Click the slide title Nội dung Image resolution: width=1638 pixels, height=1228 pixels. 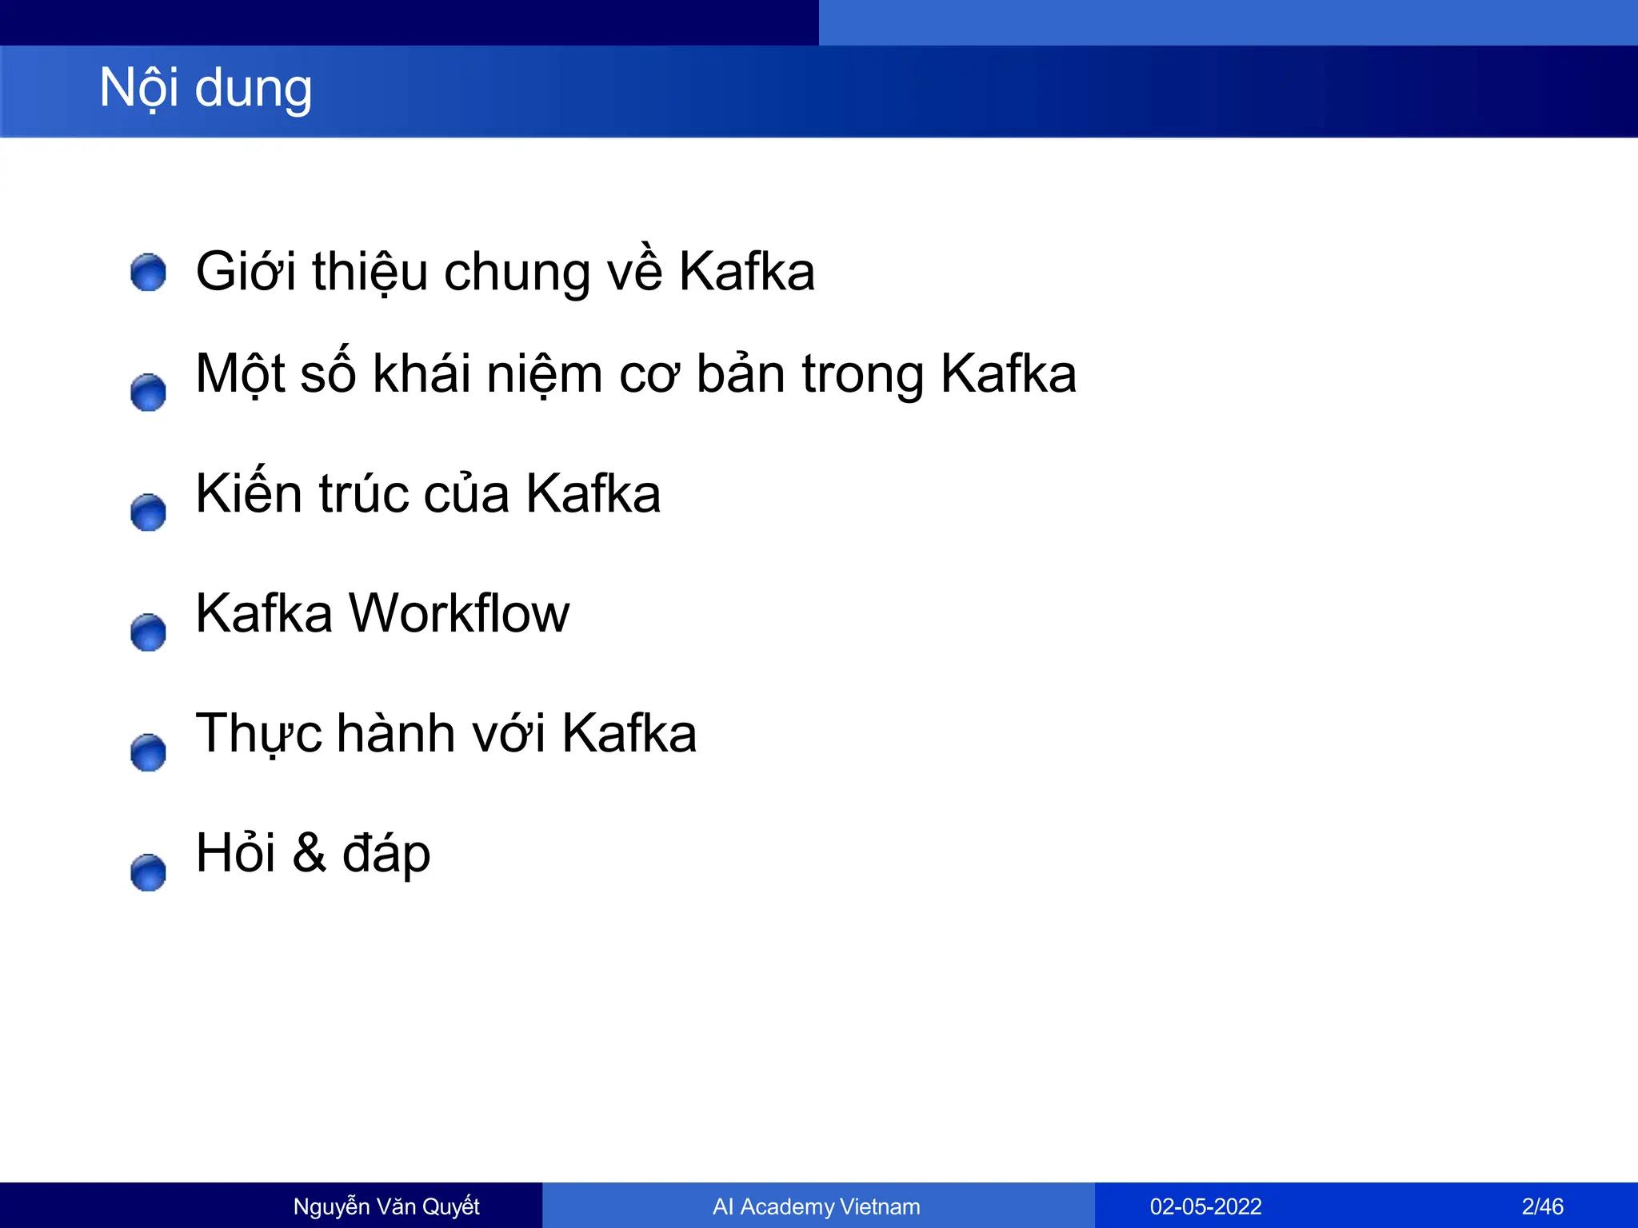tap(206, 88)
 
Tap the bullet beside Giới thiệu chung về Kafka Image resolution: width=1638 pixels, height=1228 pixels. tap(148, 273)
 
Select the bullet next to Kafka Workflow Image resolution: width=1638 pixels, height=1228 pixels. tap(148, 632)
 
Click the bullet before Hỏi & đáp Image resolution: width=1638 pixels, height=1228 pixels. tap(148, 872)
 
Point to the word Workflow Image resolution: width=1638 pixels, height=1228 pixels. tap(459, 613)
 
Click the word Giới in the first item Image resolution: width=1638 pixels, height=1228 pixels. tap(246, 271)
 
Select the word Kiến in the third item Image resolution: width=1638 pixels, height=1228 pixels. tap(248, 492)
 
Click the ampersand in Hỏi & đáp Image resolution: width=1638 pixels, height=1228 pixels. tap(309, 852)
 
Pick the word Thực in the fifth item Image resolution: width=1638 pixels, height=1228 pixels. tap(258, 734)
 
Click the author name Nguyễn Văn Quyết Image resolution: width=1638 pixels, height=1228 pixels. tap(386, 1206)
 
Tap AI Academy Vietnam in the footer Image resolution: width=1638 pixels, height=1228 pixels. tap(817, 1206)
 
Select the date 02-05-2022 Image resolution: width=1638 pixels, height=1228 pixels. tap(1205, 1206)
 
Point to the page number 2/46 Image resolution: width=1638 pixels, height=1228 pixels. tap(1542, 1206)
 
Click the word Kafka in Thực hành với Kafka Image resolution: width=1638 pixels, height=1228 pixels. tap(629, 733)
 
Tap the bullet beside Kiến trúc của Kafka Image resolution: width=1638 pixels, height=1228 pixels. tap(148, 512)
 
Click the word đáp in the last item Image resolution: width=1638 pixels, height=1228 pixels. tap(386, 854)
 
